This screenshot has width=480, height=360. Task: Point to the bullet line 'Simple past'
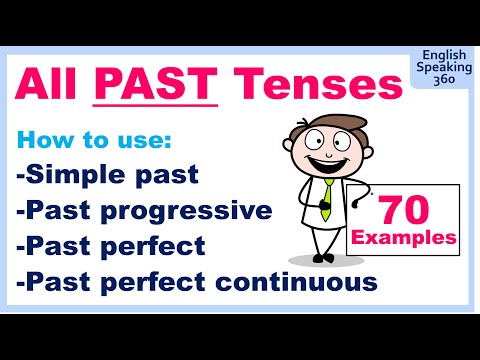[107, 176]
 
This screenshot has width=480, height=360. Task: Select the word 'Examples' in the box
[405, 241]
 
